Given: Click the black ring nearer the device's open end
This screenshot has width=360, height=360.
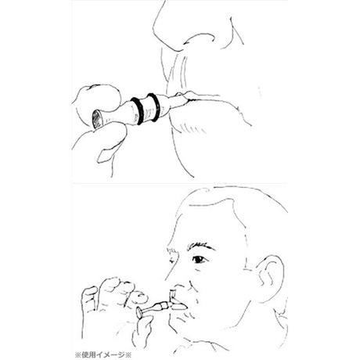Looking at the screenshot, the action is pos(137,111).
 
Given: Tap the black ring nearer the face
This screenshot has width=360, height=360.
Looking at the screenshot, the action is pos(153,107).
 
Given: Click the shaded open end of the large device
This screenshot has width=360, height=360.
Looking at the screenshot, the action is pos(97,120).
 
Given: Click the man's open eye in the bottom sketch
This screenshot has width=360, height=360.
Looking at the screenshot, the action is pos(200,259).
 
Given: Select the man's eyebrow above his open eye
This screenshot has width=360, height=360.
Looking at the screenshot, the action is pos(200,247).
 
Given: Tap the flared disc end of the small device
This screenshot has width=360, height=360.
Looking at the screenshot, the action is pos(139,312).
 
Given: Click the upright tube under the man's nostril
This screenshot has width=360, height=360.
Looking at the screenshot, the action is pos(172,296).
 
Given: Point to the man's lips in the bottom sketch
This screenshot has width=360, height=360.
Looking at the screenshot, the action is pos(180,304).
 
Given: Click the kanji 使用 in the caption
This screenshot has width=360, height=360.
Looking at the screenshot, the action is pos(88,355).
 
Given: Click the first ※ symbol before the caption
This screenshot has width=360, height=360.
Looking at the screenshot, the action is pos(77,355).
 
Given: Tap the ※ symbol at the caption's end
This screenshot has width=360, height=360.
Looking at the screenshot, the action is pos(128,355).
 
